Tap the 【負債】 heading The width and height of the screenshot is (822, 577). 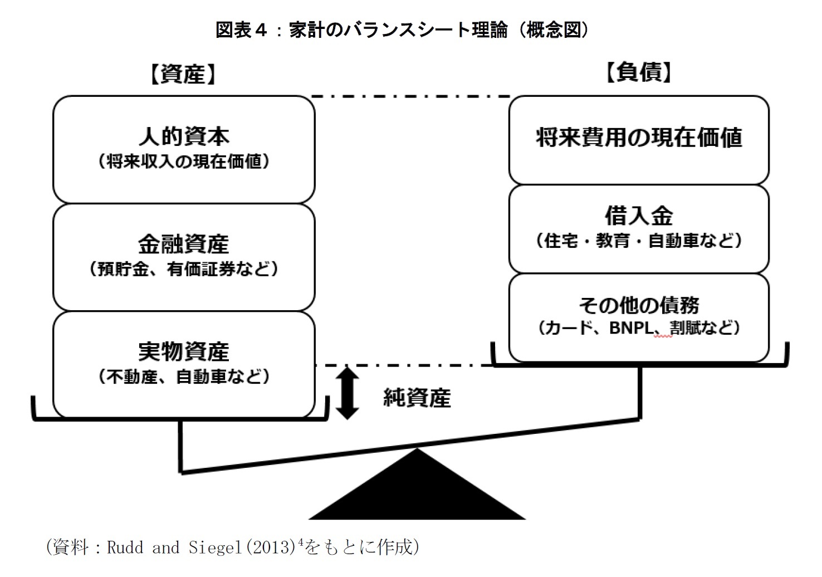click(639, 72)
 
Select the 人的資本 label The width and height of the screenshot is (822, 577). click(184, 136)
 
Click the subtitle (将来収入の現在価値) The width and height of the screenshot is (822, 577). click(184, 162)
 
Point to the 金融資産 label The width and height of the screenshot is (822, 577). click(184, 245)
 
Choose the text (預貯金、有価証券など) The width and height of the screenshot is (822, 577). click(184, 270)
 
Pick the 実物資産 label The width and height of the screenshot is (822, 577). click(184, 352)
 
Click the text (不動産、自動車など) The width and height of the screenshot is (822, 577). click(184, 377)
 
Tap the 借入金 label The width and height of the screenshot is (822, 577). click(639, 216)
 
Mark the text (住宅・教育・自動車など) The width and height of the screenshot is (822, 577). click(639, 241)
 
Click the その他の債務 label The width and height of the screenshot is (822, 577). click(639, 305)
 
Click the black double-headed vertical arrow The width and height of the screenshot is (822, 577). click(347, 392)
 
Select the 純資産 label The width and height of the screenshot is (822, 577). click(417, 398)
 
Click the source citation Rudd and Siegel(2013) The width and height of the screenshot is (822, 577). click(200, 547)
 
